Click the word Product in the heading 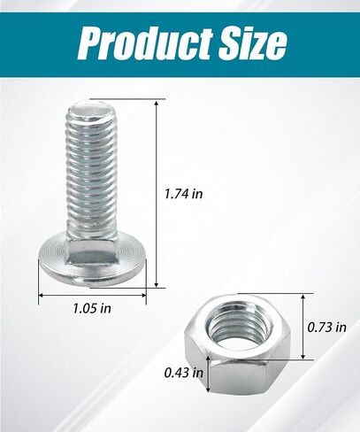point(145,43)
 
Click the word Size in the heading point(252,43)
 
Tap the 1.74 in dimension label point(184,194)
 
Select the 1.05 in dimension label point(92,308)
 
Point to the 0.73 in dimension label point(327,327)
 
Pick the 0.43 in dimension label point(184,373)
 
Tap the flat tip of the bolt point(92,110)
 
